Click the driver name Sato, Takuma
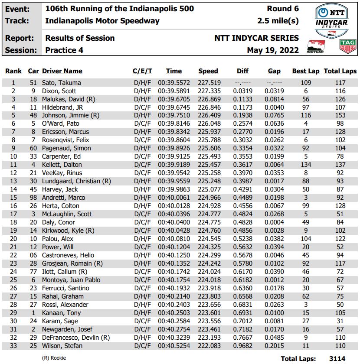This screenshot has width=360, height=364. point(61,83)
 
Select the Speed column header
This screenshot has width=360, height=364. point(208,71)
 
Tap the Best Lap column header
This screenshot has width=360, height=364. point(305,71)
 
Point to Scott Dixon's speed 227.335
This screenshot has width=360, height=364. point(209,91)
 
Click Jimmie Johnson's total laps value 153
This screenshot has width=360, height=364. point(340,116)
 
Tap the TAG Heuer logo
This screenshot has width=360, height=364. point(348,45)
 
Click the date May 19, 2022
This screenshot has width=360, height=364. point(273,50)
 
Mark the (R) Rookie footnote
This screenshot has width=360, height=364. point(54,358)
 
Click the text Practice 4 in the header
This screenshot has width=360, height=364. point(64,50)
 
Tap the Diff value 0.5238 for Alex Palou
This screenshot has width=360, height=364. point(243,239)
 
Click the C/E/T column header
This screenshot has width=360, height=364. point(142,71)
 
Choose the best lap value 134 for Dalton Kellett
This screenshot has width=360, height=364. point(306,165)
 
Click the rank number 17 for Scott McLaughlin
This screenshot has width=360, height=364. point(13,214)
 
